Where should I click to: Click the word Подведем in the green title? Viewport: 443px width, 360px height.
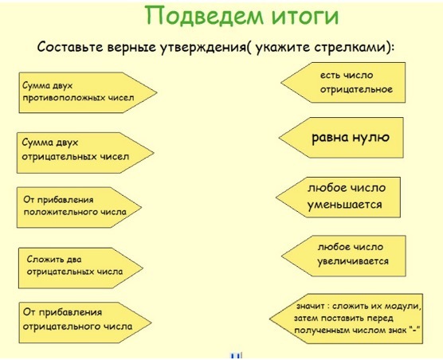204,15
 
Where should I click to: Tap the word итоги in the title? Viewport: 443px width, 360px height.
305,16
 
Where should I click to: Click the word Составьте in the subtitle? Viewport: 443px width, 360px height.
70,47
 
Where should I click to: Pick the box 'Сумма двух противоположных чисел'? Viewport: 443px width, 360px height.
88,92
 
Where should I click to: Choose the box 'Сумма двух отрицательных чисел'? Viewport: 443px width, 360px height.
85,153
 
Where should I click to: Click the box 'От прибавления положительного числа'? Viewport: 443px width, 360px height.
79,207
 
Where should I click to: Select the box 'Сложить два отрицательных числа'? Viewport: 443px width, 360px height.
80,268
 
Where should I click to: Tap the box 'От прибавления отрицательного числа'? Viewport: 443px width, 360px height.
85,323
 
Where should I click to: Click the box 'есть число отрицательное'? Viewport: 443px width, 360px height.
343,83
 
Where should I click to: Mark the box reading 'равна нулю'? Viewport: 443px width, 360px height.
341,138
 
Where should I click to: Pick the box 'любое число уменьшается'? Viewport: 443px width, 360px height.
338,198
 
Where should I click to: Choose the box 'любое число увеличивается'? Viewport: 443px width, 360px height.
344,256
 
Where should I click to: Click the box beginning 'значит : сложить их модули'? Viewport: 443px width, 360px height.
347,319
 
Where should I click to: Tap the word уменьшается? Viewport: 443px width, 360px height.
344,205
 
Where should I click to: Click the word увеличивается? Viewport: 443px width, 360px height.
353,261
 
